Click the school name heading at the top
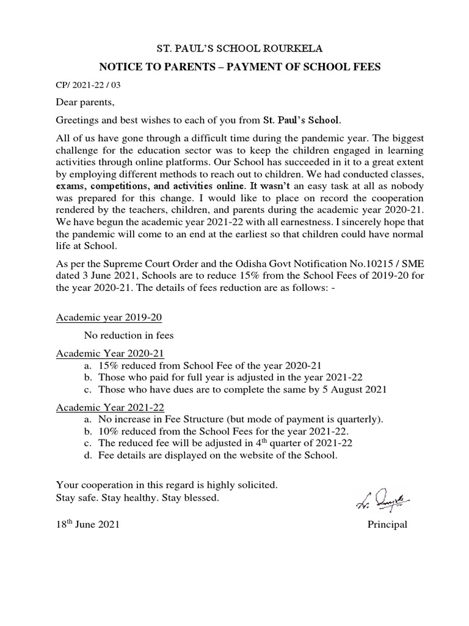tap(234, 48)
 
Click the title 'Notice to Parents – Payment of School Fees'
tap(234, 67)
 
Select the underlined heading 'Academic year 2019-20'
tap(109, 318)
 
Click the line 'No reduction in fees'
tap(129, 335)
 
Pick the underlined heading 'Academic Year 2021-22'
tap(110, 407)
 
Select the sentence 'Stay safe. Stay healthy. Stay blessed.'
tap(137, 498)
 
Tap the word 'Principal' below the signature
tap(387, 525)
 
